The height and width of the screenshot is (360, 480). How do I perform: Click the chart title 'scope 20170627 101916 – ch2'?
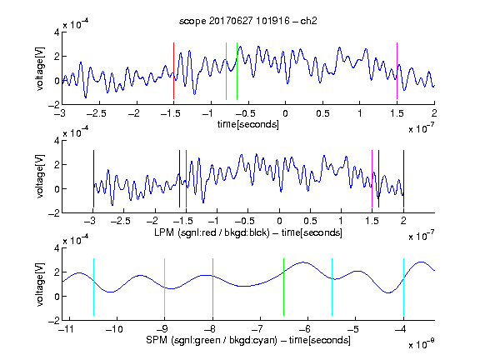(248, 21)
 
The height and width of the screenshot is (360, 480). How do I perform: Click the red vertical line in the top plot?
(173, 71)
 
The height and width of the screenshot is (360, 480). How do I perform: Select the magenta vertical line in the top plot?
(397, 71)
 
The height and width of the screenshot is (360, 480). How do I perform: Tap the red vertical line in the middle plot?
(186, 179)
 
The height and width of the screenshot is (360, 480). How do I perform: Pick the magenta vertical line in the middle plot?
(372, 179)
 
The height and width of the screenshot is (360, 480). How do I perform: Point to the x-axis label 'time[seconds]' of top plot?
(248, 124)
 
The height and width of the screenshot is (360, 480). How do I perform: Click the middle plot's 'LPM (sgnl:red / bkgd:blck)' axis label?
(212, 232)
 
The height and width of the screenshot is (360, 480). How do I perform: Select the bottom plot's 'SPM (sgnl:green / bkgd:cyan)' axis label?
(212, 340)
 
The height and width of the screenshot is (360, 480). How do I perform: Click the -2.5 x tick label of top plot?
(97, 113)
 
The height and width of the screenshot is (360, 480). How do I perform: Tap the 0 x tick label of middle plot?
(279, 221)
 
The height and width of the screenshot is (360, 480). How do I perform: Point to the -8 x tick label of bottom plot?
(210, 329)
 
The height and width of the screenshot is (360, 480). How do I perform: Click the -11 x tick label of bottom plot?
(66, 329)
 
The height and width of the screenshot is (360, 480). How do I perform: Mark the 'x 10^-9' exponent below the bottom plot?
(421, 344)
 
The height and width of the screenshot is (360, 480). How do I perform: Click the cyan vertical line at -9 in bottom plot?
(164, 287)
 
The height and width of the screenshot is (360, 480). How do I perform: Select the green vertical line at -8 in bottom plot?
(212, 287)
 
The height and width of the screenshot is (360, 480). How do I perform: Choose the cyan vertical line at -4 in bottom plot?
(403, 287)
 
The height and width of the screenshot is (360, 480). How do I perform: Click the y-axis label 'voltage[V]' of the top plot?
(40, 68)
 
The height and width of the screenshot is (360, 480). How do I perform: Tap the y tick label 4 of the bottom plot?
(57, 248)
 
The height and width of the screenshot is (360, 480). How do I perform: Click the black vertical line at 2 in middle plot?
(403, 179)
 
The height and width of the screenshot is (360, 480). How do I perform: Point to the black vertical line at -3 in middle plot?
(93, 179)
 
